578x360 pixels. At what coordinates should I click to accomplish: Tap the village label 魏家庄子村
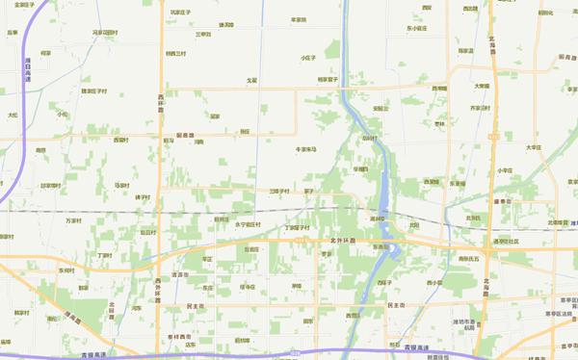[x=93, y=91]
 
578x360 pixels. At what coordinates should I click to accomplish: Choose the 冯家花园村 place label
[x=104, y=33]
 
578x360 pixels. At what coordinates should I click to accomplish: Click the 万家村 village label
[x=73, y=220]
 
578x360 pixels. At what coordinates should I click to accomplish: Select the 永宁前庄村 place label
[x=249, y=224]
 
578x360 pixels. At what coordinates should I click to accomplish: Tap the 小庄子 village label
[x=308, y=58]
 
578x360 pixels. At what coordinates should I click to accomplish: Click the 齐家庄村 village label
[x=480, y=108]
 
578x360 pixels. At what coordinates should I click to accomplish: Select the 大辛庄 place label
[x=534, y=147]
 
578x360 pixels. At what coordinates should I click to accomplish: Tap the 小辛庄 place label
[x=505, y=170]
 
